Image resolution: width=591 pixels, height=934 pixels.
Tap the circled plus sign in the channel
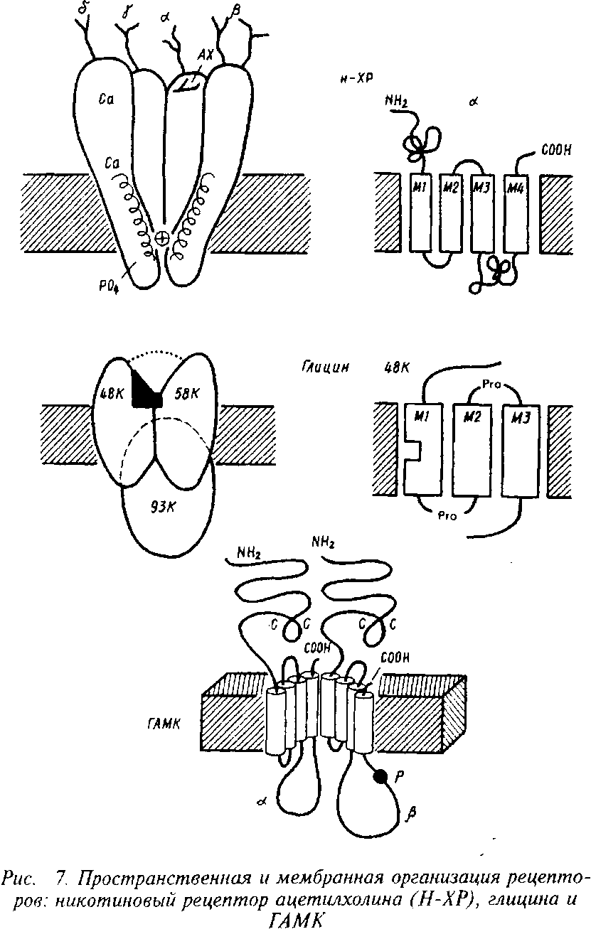tap(162, 239)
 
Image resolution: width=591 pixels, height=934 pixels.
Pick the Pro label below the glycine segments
tap(449, 516)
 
